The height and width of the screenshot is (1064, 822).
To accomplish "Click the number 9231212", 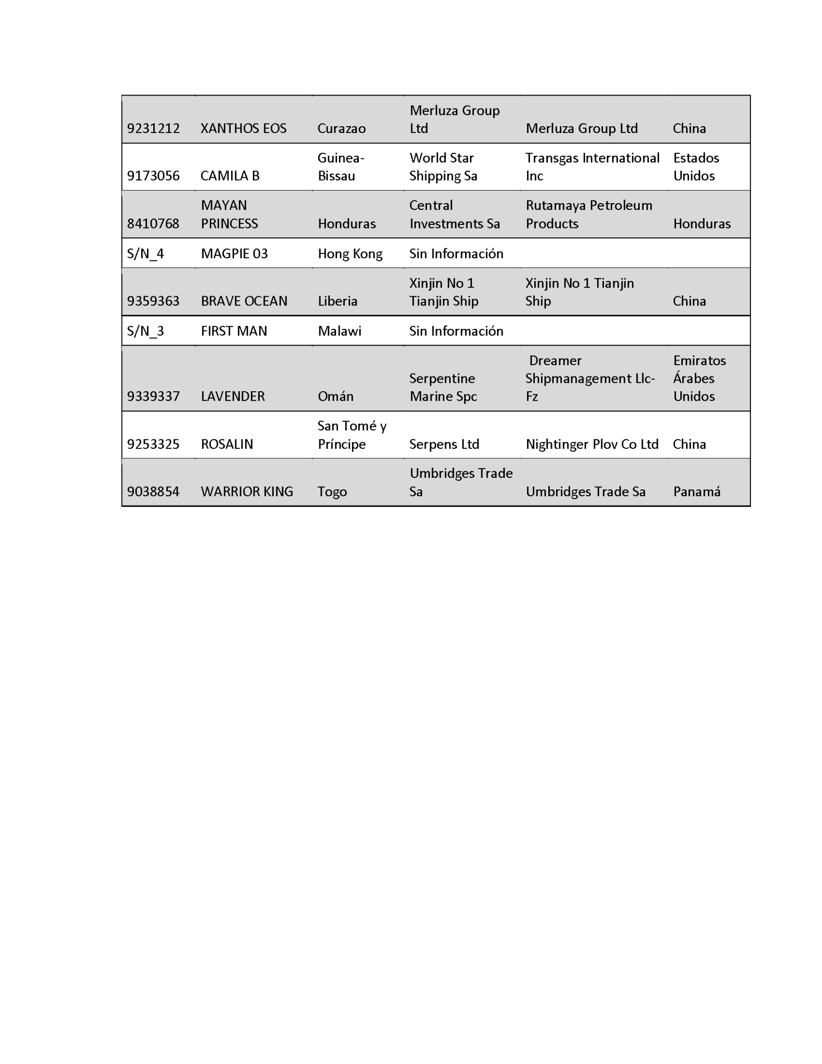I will [153, 128].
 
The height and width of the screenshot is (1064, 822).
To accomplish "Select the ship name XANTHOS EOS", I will [243, 128].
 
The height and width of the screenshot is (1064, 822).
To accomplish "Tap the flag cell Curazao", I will [341, 128].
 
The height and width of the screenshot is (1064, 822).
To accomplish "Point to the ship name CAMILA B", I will [230, 176].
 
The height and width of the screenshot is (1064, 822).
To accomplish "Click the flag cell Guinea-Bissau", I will [341, 167].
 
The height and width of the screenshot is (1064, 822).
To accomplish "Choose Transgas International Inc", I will [592, 167].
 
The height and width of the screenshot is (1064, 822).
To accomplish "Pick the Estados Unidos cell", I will [696, 167].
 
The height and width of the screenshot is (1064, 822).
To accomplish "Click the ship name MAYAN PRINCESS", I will [229, 214].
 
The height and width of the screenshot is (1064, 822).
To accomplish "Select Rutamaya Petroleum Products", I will [588, 214].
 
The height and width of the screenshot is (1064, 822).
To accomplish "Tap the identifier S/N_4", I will [145, 254].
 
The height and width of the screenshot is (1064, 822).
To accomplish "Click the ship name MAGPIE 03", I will [234, 254].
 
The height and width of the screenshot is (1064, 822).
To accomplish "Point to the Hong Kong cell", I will [350, 254].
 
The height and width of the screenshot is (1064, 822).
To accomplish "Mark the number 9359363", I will [153, 301].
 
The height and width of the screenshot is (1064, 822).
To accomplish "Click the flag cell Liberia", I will [338, 301].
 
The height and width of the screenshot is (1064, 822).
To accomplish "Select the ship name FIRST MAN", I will [234, 331].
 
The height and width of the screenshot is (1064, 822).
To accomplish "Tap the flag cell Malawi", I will [340, 331].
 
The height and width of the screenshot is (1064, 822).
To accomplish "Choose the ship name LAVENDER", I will [233, 396].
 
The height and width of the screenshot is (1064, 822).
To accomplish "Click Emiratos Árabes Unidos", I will [699, 378].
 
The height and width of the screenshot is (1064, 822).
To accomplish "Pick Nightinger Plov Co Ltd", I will [592, 444].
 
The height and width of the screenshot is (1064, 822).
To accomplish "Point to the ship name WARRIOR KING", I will [247, 491].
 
